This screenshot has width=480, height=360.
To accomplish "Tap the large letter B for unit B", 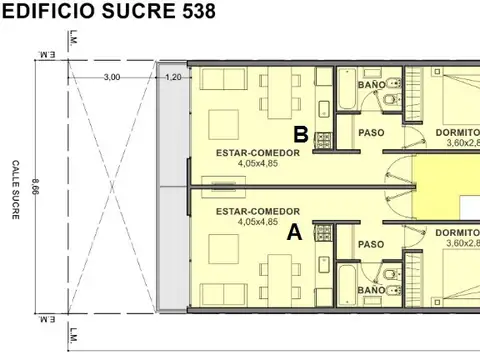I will [x=300, y=133].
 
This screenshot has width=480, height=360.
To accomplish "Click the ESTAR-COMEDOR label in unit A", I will [x=258, y=212].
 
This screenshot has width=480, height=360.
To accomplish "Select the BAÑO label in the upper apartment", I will [x=371, y=85].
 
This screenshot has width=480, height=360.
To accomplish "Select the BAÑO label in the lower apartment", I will [x=371, y=289].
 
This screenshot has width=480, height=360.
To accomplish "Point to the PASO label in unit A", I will [x=371, y=244].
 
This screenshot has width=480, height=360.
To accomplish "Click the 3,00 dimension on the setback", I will [x=112, y=78].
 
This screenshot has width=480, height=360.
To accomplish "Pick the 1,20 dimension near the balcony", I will [x=173, y=78].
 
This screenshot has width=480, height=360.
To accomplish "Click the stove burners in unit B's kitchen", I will [x=323, y=140].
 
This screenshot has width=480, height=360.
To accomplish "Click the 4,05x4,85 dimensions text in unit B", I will [x=258, y=163].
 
